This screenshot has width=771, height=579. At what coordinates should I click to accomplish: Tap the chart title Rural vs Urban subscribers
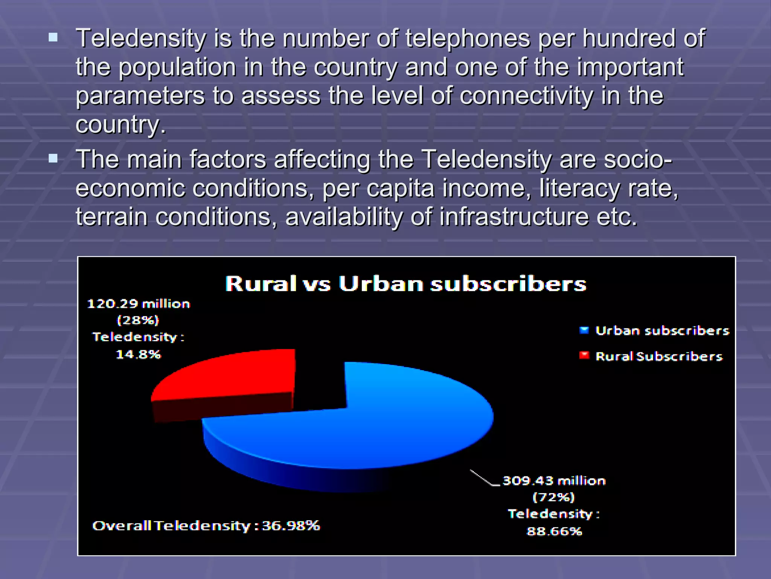coord(405,283)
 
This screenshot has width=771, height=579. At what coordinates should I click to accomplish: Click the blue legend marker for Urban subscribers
coord(584,331)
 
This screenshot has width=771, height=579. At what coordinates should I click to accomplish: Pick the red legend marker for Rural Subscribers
coord(584,355)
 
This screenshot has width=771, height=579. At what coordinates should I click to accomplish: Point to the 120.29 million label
coord(139,304)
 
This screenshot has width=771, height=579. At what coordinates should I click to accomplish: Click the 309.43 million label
coord(554,481)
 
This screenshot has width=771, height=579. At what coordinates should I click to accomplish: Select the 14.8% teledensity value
coord(138,354)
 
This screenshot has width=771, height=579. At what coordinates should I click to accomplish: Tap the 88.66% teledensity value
coord(554,531)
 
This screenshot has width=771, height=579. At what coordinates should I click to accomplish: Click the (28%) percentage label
coord(138,320)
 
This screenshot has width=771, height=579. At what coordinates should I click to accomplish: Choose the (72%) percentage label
coord(554,497)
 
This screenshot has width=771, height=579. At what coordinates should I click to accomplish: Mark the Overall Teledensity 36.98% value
coord(291,525)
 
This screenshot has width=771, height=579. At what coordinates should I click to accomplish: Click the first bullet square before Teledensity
coord(53,37)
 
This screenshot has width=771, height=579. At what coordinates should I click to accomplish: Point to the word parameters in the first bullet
coord(140,96)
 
